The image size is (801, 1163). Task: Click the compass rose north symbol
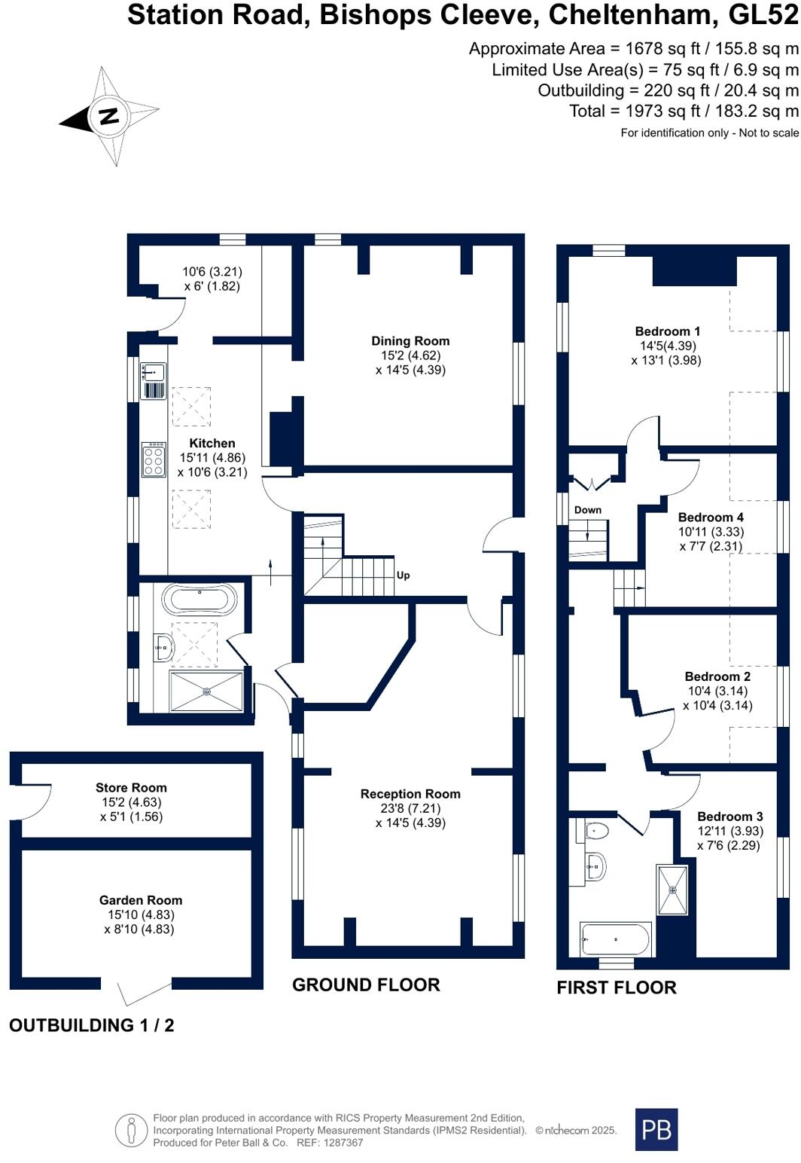(109, 117)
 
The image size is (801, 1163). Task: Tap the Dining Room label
(410, 341)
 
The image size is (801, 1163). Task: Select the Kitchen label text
(212, 444)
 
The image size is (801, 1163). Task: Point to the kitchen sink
(153, 372)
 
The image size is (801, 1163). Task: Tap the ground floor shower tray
(206, 691)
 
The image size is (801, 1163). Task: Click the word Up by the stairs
(403, 575)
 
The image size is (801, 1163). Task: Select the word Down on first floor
(588, 510)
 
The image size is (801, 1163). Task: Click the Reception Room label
(410, 794)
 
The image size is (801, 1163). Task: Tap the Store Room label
(131, 788)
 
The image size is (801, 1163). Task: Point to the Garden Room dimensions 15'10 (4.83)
(141, 914)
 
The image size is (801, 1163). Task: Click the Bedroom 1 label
(668, 331)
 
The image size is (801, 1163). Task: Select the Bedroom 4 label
(711, 517)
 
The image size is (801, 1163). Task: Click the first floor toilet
(595, 831)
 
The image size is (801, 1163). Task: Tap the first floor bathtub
(615, 939)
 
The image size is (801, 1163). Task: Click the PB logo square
(656, 1129)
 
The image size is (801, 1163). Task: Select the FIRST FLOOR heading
(616, 987)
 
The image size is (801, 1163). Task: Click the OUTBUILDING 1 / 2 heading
(92, 1025)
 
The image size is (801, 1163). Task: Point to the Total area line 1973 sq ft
(684, 111)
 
